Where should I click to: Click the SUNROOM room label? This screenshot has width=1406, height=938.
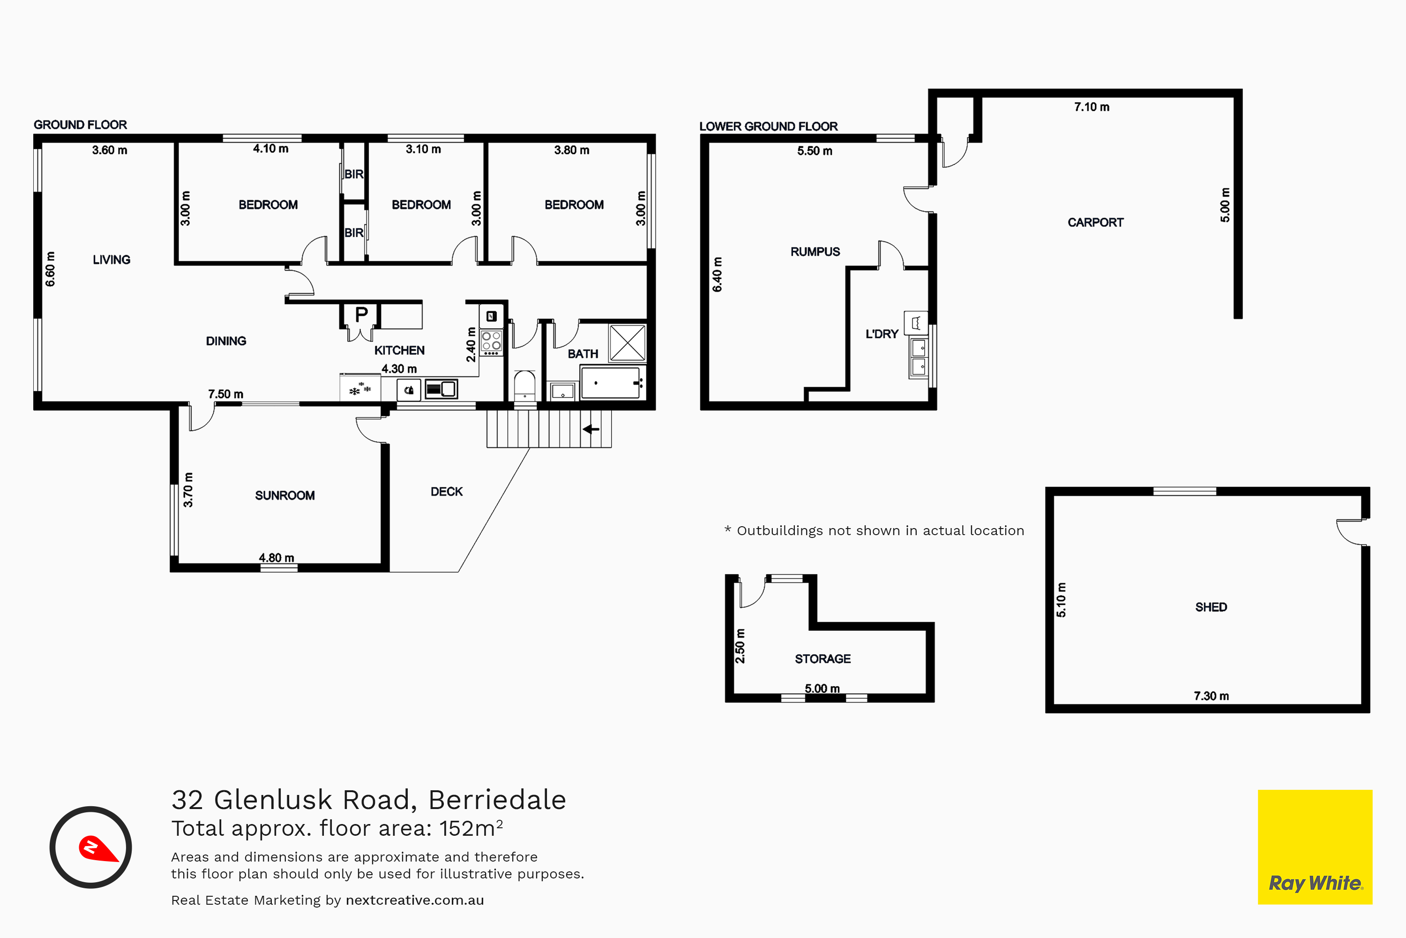click(x=284, y=495)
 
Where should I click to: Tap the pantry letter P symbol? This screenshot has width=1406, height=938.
click(x=361, y=314)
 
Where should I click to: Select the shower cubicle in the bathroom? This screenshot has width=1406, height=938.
click(x=627, y=343)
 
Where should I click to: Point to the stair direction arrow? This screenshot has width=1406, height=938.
click(x=591, y=429)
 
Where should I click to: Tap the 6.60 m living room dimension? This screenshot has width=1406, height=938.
click(x=50, y=269)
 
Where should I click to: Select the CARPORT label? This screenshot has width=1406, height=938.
click(x=1095, y=222)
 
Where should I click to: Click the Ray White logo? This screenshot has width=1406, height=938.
click(x=1315, y=847)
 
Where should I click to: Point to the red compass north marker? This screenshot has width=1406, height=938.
click(x=97, y=848)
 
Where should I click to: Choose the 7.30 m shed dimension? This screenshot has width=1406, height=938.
click(x=1211, y=696)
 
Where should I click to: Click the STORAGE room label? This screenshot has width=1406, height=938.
click(x=823, y=658)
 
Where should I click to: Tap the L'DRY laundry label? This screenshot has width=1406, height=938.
click(x=882, y=334)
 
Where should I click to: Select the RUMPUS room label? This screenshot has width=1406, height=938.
click(x=815, y=252)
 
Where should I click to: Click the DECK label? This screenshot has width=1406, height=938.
click(x=447, y=492)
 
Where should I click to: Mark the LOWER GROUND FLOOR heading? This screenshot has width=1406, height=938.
click(x=768, y=126)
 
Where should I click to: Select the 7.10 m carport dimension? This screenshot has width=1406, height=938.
click(x=1092, y=107)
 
